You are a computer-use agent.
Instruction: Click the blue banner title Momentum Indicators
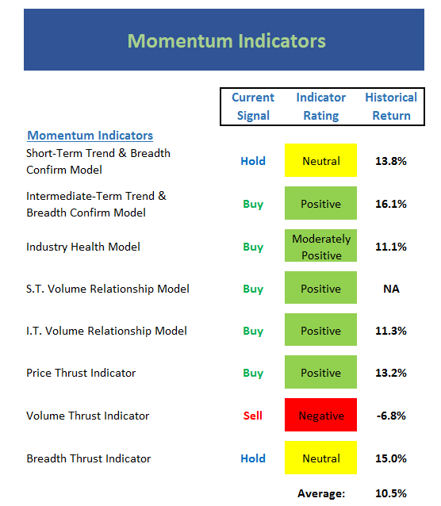click(x=227, y=41)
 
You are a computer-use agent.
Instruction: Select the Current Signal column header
click(x=253, y=106)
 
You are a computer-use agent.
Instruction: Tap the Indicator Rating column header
click(x=321, y=106)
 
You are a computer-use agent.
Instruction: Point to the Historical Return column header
click(x=391, y=106)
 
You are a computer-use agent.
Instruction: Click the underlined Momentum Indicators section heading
click(x=90, y=136)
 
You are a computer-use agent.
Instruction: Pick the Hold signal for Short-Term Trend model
click(x=253, y=161)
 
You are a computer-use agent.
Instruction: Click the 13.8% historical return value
click(x=391, y=161)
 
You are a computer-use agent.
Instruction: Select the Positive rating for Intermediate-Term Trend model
click(x=320, y=203)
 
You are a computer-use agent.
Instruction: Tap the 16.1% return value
click(x=391, y=204)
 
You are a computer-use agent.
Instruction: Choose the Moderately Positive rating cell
click(x=320, y=246)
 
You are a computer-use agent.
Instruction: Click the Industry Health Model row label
click(x=83, y=247)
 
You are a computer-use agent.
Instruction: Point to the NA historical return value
click(x=391, y=289)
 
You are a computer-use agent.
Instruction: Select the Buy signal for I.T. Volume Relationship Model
click(x=253, y=332)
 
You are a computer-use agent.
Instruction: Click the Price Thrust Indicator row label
click(x=81, y=373)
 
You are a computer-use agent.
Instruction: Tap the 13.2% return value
click(x=391, y=373)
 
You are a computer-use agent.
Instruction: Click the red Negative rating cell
click(x=320, y=415)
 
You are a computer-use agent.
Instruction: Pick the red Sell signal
click(x=253, y=416)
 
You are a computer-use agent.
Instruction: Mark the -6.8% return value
click(x=391, y=416)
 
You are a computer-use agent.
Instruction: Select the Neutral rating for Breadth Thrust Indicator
click(x=320, y=458)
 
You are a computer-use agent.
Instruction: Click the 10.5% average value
click(x=391, y=493)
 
